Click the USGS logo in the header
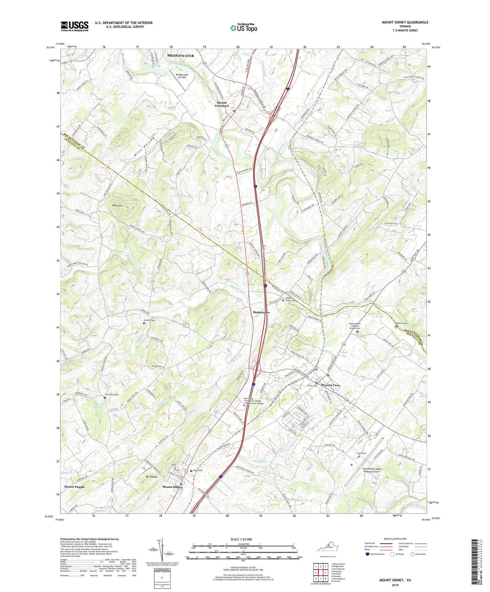[x=75, y=26]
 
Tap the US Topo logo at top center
[x=243, y=28]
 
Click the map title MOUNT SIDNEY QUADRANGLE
[x=405, y=22]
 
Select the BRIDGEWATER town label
[x=180, y=56]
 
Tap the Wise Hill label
[x=117, y=205]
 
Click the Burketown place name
[x=261, y=312]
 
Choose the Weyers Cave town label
[x=330, y=385]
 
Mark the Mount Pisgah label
[x=74, y=487]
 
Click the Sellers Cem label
[x=401, y=323]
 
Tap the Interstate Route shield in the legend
[x=368, y=554]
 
